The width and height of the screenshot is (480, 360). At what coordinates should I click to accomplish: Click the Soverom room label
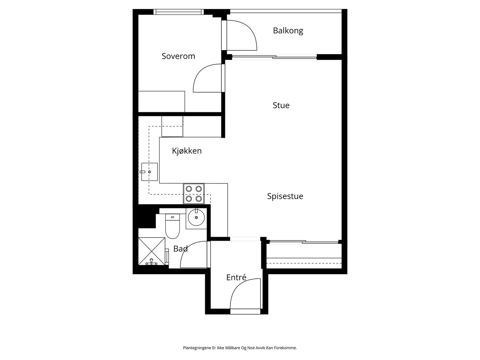[x=178, y=56]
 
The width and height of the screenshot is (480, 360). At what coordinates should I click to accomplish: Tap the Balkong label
[x=288, y=31]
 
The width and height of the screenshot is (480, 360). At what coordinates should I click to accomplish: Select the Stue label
[x=281, y=105]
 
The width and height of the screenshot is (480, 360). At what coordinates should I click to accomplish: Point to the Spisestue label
[x=285, y=196]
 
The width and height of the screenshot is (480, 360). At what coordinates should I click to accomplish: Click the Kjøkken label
[x=187, y=151]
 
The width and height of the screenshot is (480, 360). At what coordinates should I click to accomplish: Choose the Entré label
[x=236, y=277]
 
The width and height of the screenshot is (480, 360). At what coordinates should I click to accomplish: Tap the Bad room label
[x=180, y=249]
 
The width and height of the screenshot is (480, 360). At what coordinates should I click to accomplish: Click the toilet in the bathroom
[x=172, y=226]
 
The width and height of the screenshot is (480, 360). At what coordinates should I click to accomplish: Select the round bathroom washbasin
[x=196, y=217]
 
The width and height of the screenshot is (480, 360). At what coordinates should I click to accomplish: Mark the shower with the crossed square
[x=151, y=251]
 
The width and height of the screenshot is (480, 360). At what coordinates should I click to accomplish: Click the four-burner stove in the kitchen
[x=194, y=193]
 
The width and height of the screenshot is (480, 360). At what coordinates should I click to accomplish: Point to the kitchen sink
[x=149, y=172]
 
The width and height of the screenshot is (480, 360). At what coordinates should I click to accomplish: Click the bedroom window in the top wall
[x=178, y=12]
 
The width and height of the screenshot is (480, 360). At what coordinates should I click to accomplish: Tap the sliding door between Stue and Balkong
[x=274, y=57]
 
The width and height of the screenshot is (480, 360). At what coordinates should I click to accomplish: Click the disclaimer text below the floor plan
[x=240, y=348]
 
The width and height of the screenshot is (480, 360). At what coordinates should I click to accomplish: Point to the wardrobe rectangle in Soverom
[x=162, y=102]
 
